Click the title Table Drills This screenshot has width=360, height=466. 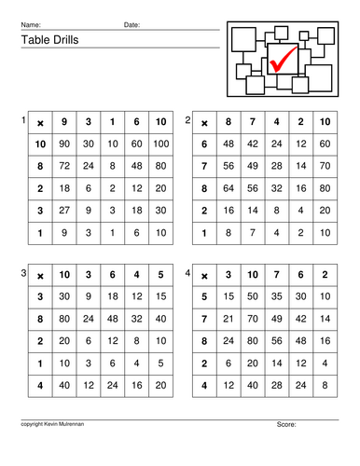pyautogui.click(x=47, y=40)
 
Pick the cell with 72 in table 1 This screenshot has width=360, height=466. pyautogui.click(x=64, y=165)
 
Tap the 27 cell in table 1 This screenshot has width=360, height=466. pyautogui.click(x=64, y=211)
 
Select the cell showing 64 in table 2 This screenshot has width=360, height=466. pyautogui.click(x=229, y=187)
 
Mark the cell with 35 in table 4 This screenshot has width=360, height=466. pyautogui.click(x=275, y=296)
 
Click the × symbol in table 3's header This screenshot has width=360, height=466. pyautogui.click(x=39, y=275)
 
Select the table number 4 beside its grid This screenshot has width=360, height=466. pyautogui.click(x=188, y=272)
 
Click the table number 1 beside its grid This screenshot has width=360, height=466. pyautogui.click(x=24, y=120)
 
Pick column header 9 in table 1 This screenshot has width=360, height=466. pyautogui.click(x=64, y=122)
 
